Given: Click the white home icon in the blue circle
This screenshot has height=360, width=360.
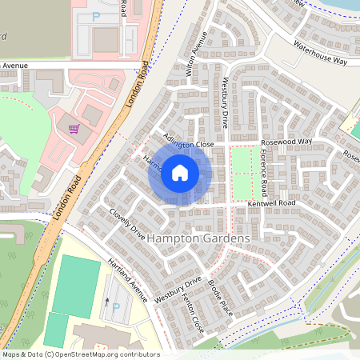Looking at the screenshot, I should click(x=180, y=172).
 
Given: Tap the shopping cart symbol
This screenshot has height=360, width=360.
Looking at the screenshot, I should click(x=74, y=128).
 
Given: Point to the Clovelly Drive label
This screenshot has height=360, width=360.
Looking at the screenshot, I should click(x=128, y=224).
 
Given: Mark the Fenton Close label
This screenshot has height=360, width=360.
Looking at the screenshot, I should click(x=193, y=313).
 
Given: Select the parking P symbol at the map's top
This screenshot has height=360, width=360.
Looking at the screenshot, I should click(x=97, y=16).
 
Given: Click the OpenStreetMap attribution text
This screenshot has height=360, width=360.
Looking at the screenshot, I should click(x=80, y=354).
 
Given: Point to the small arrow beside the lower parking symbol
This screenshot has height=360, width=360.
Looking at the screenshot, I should click(x=106, y=302).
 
